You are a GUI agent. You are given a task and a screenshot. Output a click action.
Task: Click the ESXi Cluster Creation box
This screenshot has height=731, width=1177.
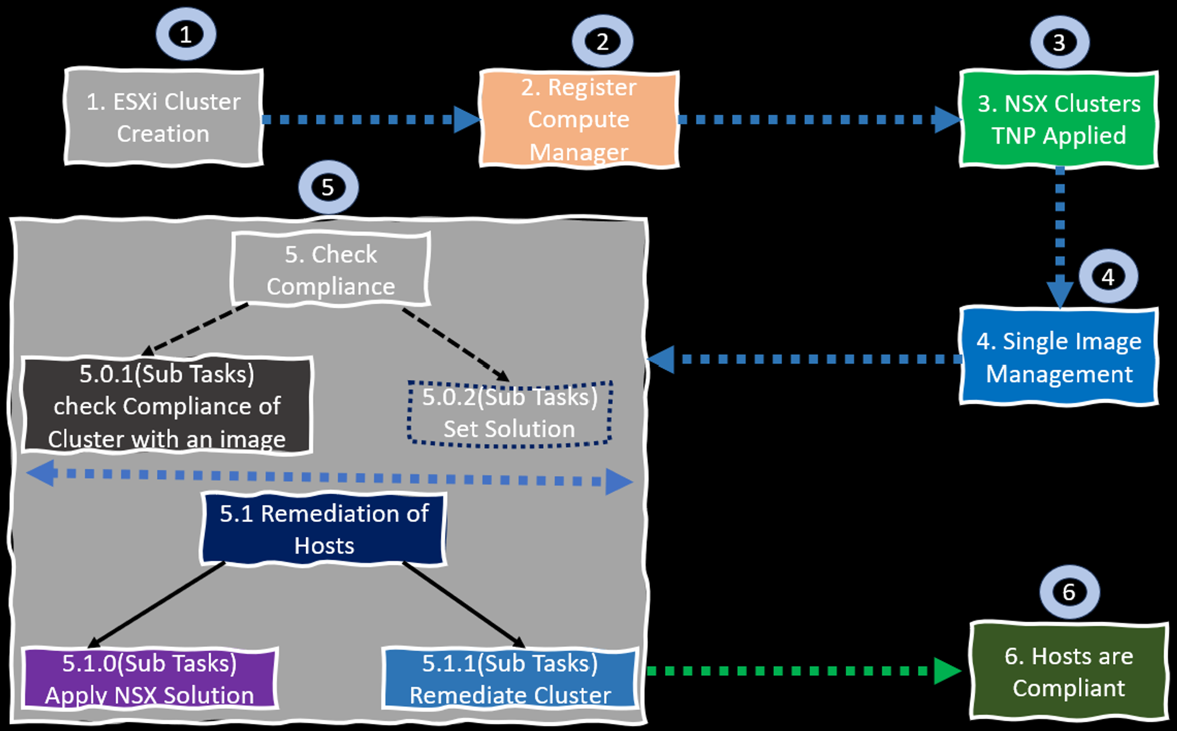[164, 118]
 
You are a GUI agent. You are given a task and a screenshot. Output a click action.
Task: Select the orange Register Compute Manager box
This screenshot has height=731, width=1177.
[579, 119]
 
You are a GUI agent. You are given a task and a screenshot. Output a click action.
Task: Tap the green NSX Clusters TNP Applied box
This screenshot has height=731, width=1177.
[1059, 119]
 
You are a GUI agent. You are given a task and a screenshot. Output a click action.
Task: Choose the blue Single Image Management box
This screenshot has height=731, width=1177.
[1059, 357]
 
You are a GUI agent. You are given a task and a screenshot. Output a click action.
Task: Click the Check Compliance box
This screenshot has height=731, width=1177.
[331, 270]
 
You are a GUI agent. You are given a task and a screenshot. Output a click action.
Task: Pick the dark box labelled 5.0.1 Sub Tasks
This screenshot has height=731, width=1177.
[167, 406]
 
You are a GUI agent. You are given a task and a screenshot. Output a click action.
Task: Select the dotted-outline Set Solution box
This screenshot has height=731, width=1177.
[510, 413]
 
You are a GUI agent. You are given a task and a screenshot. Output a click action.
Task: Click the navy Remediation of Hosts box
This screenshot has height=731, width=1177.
[324, 529]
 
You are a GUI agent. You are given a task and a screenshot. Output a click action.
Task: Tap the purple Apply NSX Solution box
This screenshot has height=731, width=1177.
[150, 679]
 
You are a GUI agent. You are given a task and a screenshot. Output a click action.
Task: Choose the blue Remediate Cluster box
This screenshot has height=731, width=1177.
[510, 679]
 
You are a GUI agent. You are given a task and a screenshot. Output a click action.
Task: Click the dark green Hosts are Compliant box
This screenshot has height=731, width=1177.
[1069, 672]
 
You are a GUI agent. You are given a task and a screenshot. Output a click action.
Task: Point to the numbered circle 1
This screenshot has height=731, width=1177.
[186, 35]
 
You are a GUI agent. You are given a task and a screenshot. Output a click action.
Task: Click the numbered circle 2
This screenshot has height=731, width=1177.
[602, 42]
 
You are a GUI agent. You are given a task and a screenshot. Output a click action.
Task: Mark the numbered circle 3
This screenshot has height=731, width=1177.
[1059, 42]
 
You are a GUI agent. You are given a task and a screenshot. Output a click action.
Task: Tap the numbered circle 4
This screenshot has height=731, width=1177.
[1108, 277]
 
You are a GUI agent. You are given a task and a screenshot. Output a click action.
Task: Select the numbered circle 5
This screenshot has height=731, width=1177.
[328, 188]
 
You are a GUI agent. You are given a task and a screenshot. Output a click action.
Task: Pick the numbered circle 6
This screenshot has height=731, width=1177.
[1069, 592]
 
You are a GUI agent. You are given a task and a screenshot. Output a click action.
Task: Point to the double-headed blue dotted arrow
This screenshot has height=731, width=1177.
[330, 477]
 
